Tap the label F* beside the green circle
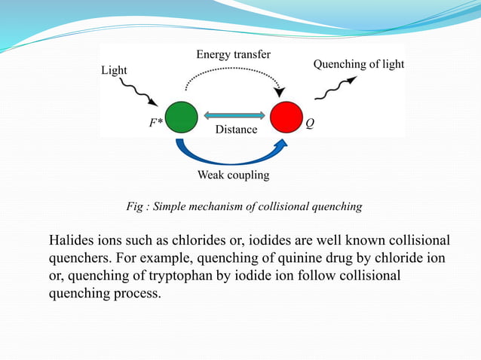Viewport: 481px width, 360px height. [x=155, y=124]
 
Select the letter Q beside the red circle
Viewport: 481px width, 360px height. [x=310, y=124]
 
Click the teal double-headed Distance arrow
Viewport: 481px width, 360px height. [x=233, y=114]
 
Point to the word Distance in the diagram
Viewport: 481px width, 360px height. [x=236, y=130]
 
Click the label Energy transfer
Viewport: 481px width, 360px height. [x=233, y=55]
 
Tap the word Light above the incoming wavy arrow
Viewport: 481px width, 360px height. [x=115, y=70]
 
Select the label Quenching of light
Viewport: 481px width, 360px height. [x=358, y=65]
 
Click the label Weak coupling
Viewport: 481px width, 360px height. [x=233, y=175]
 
